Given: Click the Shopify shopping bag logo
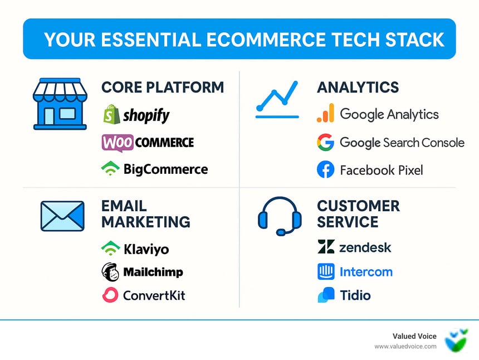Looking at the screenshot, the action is pos(112,114).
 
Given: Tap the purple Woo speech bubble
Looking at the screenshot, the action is pos(118,143).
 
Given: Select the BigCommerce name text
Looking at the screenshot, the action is pos(165,169).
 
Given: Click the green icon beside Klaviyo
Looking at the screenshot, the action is pos(110,249).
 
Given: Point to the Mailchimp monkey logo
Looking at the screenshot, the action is pos(110,272).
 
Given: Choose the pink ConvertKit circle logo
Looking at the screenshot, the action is pos(110,295).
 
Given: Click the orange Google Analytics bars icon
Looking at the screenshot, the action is pos(325,113).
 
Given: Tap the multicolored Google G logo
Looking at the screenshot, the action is pos(325,143).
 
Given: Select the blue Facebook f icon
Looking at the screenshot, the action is pos(326,169).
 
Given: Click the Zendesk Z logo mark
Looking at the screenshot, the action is pos(326,247).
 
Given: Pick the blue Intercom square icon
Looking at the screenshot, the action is pos(326,271).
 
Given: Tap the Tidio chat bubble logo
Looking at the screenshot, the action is pos(326,295).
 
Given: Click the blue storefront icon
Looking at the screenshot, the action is pos(60,104).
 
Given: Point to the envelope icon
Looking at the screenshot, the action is pos(62,216).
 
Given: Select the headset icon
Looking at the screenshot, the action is pos(280,216).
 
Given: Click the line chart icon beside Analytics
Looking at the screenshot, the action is pos(277,100).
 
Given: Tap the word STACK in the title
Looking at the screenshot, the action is pos(414,40).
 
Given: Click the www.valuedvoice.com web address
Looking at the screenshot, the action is pos(405,347).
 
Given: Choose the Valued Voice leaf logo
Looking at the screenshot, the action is pos(456,340).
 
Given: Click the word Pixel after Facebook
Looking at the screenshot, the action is pos(410,170).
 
